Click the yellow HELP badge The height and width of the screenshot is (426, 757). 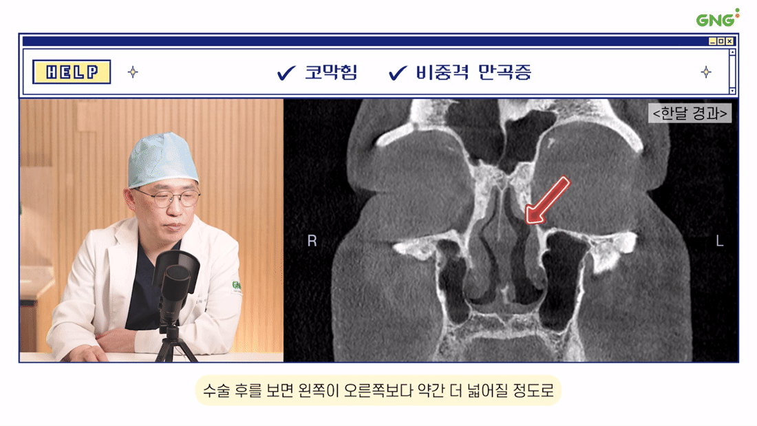(72, 72)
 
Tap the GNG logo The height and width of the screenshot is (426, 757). (717, 18)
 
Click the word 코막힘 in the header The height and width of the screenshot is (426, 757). (331, 72)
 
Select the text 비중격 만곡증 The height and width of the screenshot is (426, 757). (473, 72)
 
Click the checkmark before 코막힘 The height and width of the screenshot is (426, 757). (286, 73)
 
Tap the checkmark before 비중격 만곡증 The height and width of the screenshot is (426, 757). (398, 73)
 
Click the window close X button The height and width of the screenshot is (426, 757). (729, 41)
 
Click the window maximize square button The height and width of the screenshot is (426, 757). (721, 41)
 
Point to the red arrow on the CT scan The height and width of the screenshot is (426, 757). (548, 200)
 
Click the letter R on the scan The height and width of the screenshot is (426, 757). (312, 241)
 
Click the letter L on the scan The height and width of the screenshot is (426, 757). (719, 241)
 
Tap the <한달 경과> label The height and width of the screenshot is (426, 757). (690, 113)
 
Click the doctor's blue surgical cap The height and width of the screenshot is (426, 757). (162, 160)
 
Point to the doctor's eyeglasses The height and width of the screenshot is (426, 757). (169, 197)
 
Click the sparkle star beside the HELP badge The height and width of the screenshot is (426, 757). (133, 72)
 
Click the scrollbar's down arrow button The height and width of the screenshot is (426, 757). (732, 91)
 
